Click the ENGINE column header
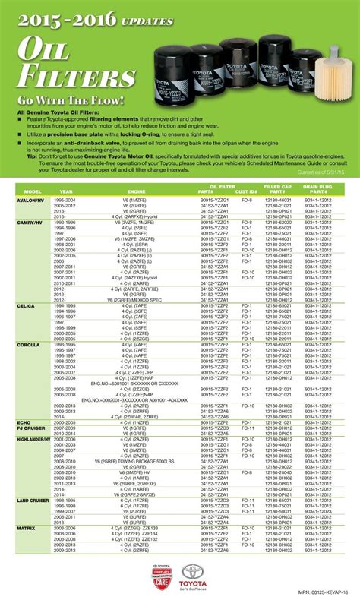pos(137,191)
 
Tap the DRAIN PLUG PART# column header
pos(319,188)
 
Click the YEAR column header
pos(67,191)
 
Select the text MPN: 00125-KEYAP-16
pos(318,592)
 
